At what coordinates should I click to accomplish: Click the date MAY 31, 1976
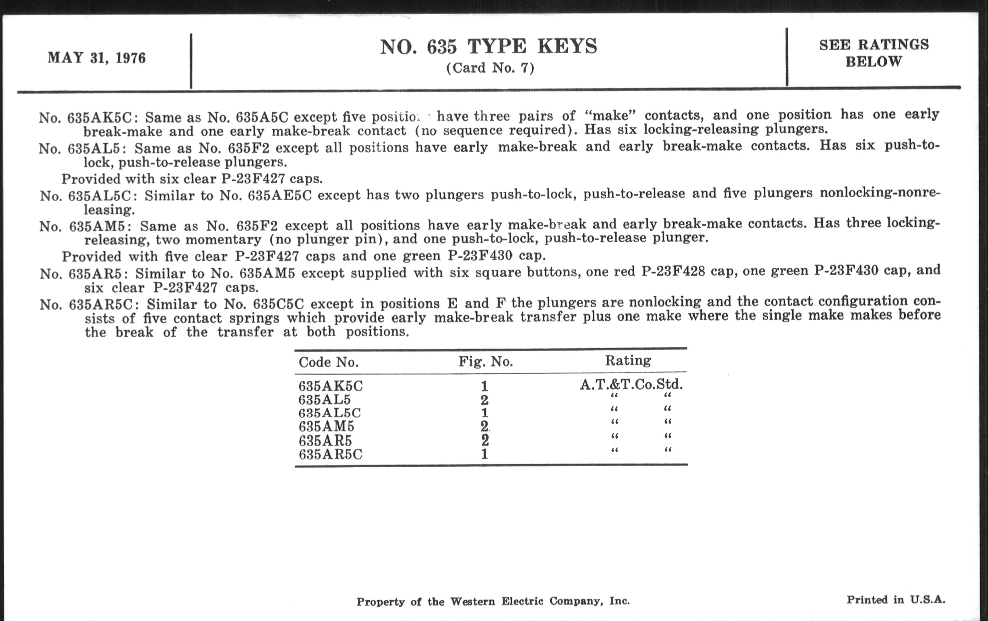(96, 58)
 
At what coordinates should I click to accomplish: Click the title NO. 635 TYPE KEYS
(488, 47)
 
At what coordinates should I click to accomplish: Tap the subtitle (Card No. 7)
(490, 68)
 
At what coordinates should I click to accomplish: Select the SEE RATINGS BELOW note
(873, 53)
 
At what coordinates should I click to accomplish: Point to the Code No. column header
(328, 362)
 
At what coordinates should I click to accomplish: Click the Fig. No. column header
(485, 362)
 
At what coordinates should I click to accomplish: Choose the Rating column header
(628, 360)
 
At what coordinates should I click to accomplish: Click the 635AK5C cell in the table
(330, 386)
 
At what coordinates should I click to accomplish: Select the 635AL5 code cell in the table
(325, 400)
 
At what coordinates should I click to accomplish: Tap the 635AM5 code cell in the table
(326, 427)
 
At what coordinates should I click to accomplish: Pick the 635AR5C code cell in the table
(330, 455)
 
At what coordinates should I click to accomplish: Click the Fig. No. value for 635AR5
(485, 441)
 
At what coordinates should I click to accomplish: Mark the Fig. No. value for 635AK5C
(485, 386)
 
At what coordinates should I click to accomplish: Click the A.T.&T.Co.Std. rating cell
(631, 384)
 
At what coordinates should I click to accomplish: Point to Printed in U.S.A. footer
(896, 600)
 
